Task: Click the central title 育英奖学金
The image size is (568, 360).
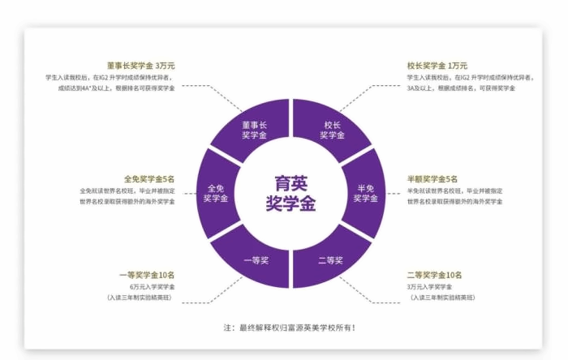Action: [290, 193]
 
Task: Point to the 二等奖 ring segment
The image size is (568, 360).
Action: [330, 259]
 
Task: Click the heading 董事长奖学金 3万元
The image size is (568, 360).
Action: [141, 66]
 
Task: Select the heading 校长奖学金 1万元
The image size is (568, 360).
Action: [437, 66]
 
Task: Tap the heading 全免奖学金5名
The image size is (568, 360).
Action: [149, 179]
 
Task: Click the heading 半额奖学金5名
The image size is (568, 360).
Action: [432, 179]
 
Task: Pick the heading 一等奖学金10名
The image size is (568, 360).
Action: [147, 275]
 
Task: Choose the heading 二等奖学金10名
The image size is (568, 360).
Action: [434, 275]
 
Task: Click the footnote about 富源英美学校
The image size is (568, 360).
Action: [290, 328]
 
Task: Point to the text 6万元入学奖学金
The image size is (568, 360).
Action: [153, 287]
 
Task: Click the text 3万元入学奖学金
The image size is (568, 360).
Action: [429, 287]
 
